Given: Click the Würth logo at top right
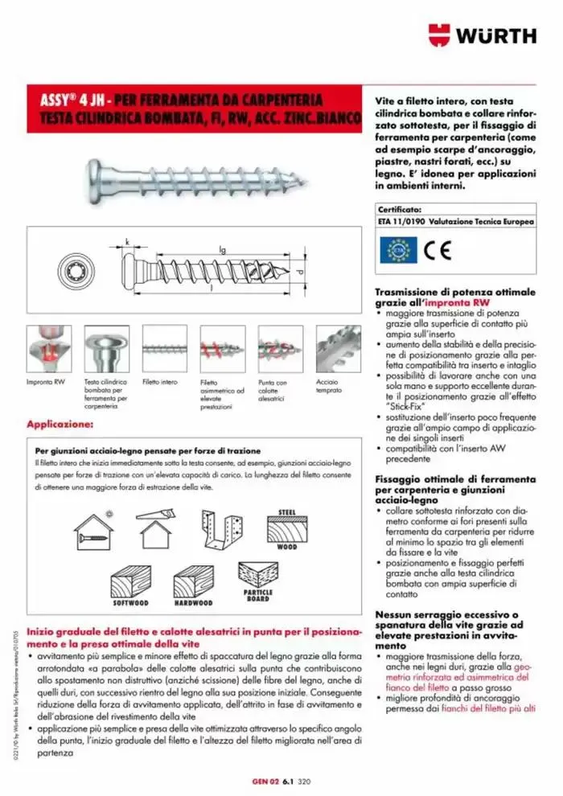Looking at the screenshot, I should point(482,35).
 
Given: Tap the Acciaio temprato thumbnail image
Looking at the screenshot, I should point(338,347).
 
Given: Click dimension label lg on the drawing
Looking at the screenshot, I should point(222,250).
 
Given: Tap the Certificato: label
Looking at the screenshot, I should point(399,210).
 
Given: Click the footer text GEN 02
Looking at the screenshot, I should point(264,779).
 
